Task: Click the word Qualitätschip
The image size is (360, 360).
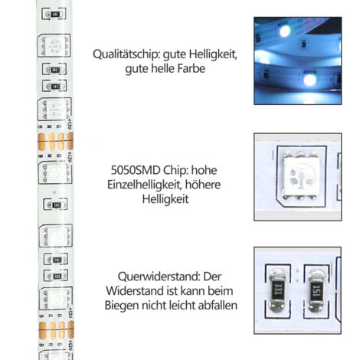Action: [x=126, y=54]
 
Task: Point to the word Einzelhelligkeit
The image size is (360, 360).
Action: [x=144, y=185]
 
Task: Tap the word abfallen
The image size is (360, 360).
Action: [x=218, y=306]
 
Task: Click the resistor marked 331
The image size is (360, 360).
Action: [x=277, y=291]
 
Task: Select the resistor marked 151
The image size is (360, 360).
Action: [x=316, y=291]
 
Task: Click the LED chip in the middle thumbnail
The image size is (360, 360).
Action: [x=300, y=175]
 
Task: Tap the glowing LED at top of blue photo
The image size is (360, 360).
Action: [x=285, y=31]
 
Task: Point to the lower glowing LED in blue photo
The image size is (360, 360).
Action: [x=310, y=80]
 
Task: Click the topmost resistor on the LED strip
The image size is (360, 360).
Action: [x=54, y=15]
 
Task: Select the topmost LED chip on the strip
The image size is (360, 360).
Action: [x=54, y=46]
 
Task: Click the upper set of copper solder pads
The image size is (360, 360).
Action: [x=55, y=141]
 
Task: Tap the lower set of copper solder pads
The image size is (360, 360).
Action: [x=56, y=330]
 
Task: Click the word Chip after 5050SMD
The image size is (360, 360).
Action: [x=176, y=170]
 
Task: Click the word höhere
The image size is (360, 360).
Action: [x=203, y=185]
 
